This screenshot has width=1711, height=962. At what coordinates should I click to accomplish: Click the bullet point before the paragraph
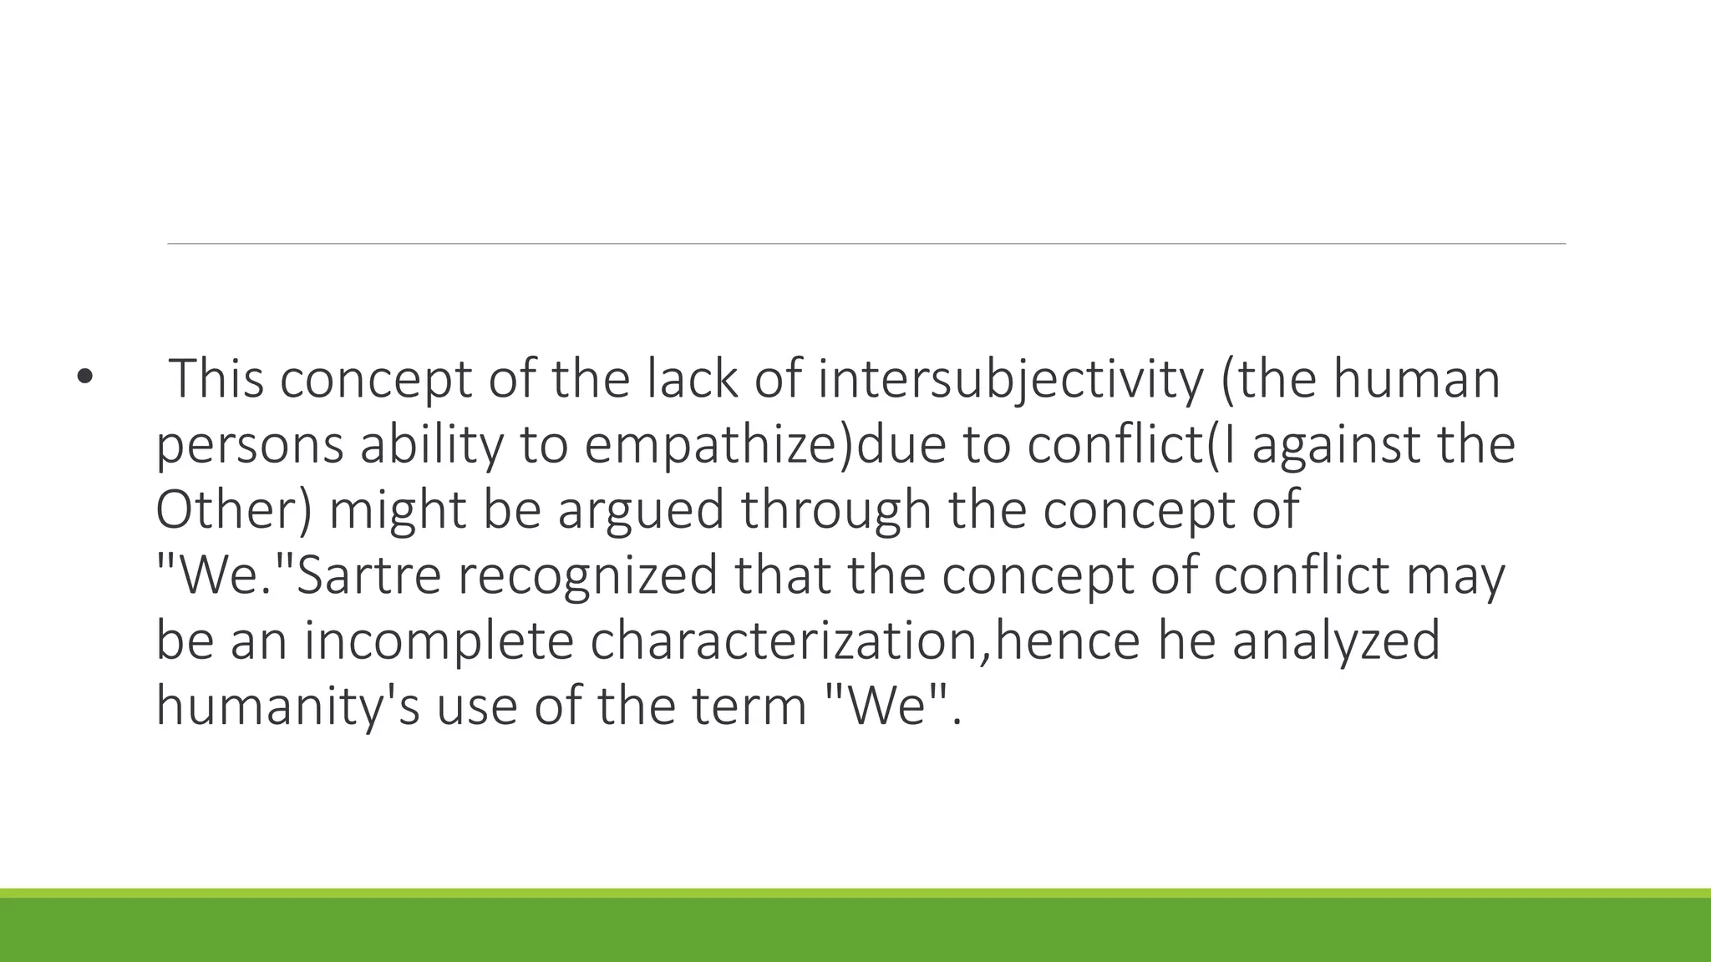[84, 378]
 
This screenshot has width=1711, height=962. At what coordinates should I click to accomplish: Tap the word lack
[692, 378]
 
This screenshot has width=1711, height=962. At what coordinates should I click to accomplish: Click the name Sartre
[368, 575]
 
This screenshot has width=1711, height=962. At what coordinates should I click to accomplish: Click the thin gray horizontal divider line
[866, 244]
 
